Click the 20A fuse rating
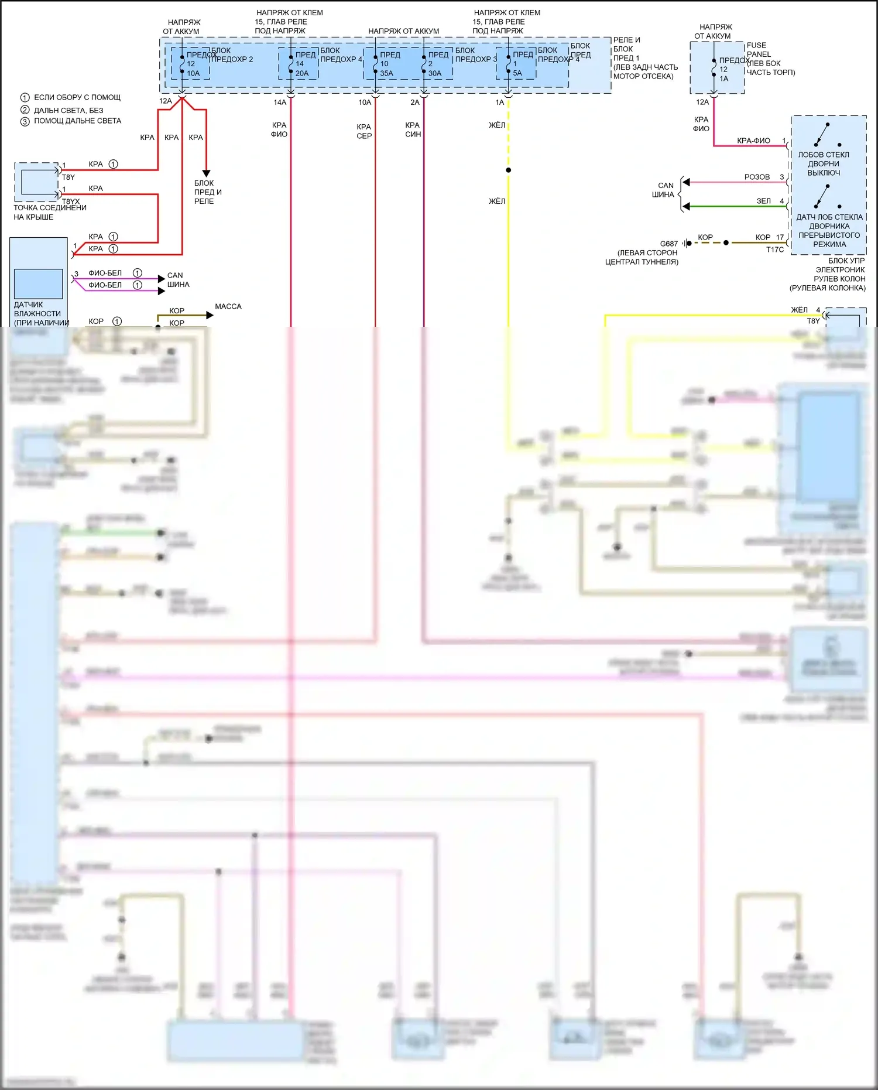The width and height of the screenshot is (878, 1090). tap(301, 73)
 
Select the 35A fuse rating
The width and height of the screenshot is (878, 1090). tap(386, 73)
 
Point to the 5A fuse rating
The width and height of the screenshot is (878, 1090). tap(517, 73)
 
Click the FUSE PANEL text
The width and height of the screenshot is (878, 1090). tap(758, 49)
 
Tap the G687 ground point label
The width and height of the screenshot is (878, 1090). tap(668, 244)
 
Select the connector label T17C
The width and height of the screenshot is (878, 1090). tap(774, 250)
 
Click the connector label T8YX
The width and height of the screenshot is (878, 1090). tap(71, 201)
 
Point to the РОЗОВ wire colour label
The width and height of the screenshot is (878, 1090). tap(757, 177)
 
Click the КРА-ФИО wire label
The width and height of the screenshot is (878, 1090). tap(753, 141)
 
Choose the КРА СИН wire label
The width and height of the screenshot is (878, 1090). tap(413, 129)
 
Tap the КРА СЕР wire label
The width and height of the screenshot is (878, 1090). tap(364, 131)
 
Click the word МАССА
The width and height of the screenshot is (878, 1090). tap(228, 306)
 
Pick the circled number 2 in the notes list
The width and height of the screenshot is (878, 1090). tap(25, 110)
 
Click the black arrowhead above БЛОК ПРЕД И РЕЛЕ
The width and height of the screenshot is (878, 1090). tap(206, 173)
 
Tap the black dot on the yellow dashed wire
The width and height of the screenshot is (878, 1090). tap(509, 170)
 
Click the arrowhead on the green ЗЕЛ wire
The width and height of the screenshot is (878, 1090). tap(686, 206)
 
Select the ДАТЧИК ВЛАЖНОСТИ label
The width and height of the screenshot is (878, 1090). tap(37, 309)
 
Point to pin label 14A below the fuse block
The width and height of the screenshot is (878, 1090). tap(280, 102)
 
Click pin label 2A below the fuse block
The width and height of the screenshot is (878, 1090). tap(414, 102)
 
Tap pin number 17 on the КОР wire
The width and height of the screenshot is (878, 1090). tap(780, 237)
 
